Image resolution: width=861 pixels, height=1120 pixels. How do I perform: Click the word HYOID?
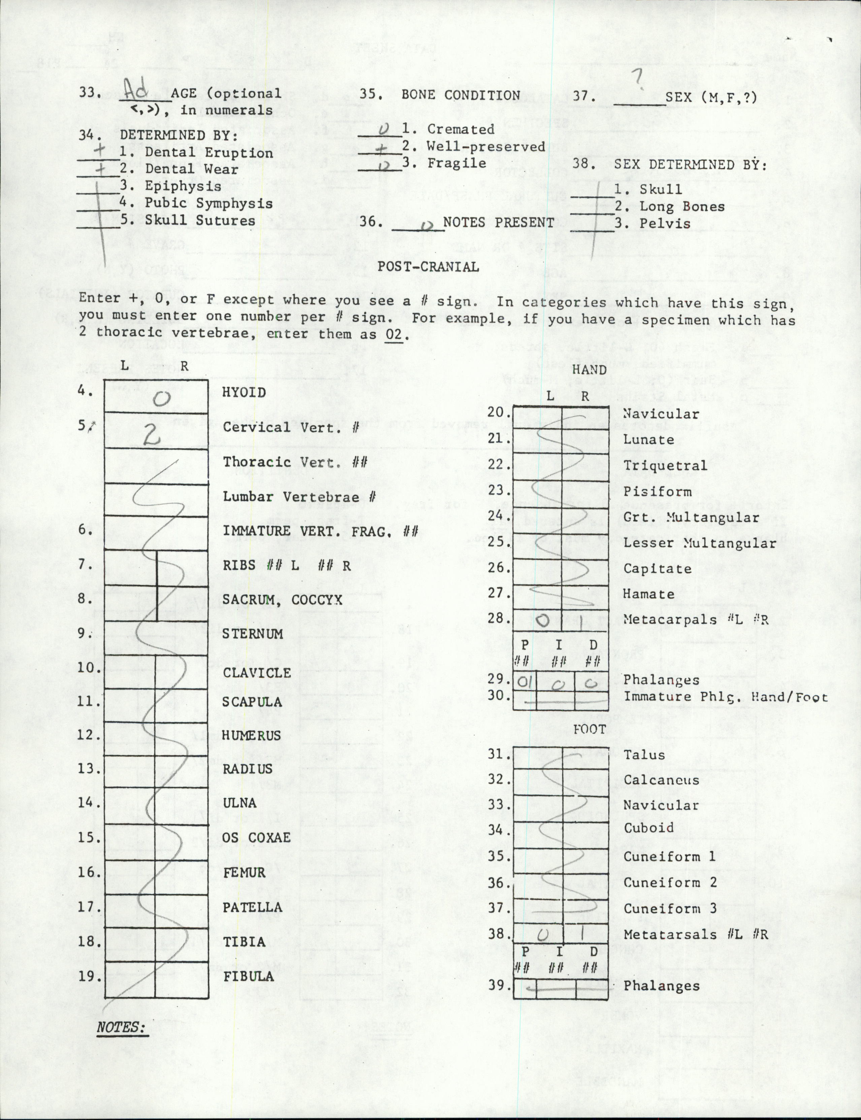click(244, 393)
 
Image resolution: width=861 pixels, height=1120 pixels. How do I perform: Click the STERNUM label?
click(252, 634)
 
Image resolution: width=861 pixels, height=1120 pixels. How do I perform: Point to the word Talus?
click(644, 755)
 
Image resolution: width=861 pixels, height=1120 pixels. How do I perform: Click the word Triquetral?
click(665, 466)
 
